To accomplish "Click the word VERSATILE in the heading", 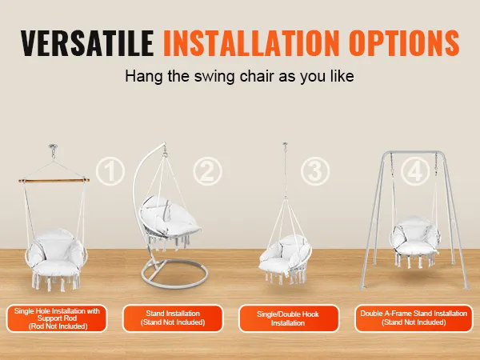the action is pos(87,43).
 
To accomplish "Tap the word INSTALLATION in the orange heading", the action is pos(251,43).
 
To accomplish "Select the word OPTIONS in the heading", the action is pos(404,43).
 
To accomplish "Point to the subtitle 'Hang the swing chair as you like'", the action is pos(239,76).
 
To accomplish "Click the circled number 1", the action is pos(110,171).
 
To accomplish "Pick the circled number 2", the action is pos(207,171).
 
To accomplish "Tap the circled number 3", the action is pos(315,171).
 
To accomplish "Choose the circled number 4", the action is pos(415,171).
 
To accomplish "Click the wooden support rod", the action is pos(54,180).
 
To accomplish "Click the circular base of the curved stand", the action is pos(174,274).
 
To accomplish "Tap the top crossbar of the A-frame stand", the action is pos(414,153).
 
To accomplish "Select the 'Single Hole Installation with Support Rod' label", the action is pos(57,318).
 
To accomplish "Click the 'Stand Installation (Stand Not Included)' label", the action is pos(173,318).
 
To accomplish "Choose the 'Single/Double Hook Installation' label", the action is pos(289,318).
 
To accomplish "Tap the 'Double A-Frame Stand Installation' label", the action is pos(414,318).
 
